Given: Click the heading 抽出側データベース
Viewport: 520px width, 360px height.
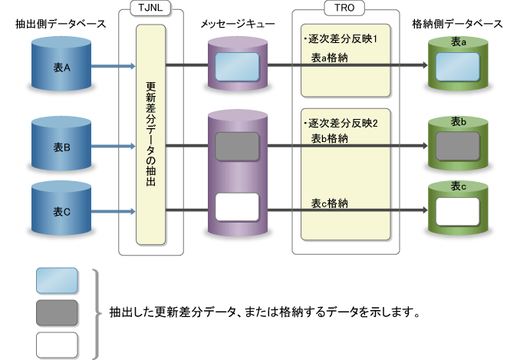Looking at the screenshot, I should [x=61, y=25].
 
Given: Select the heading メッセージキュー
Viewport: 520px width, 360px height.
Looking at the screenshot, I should [x=239, y=25].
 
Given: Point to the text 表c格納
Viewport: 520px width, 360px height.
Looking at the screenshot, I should [x=331, y=203].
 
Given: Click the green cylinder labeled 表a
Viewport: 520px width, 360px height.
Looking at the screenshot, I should [x=459, y=64].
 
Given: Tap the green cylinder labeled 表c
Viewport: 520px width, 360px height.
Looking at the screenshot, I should [x=459, y=209].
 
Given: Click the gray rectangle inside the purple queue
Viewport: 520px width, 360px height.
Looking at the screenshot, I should [x=238, y=146].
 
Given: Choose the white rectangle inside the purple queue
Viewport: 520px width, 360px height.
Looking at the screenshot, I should [x=238, y=208].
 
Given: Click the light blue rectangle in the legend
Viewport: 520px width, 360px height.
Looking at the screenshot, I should [x=57, y=281].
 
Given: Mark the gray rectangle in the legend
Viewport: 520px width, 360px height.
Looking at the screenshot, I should [x=57, y=312].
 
